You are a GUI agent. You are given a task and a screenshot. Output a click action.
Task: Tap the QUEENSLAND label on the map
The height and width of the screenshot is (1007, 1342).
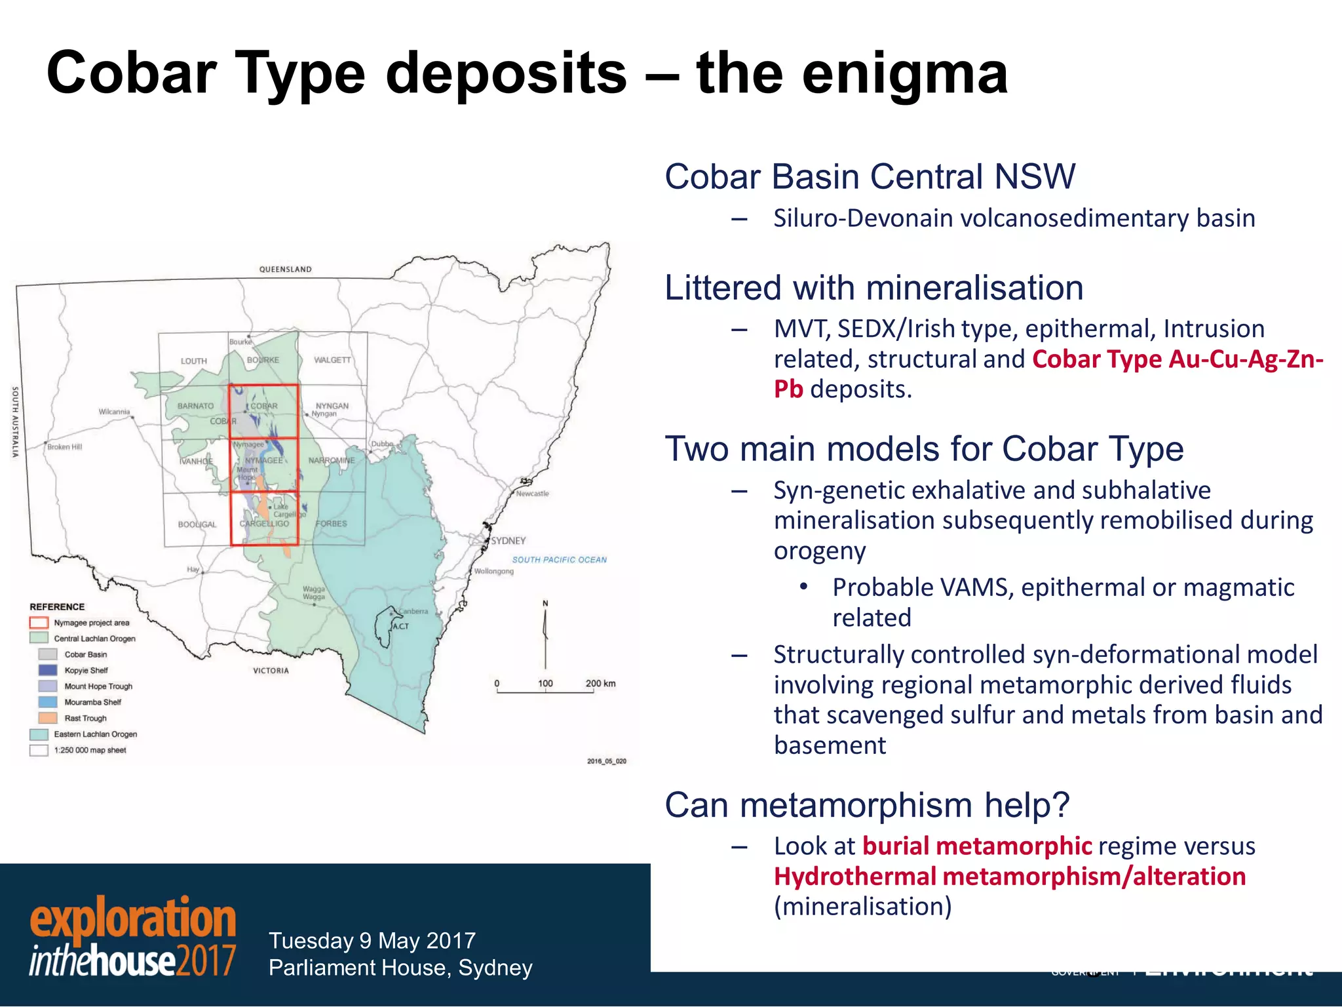point(285,269)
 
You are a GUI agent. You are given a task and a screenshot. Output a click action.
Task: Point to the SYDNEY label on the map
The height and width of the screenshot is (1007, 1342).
point(508,541)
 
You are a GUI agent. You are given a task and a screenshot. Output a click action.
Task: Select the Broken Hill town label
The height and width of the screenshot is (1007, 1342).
point(65,447)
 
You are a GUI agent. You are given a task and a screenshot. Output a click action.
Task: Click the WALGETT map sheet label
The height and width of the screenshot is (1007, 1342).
point(332,360)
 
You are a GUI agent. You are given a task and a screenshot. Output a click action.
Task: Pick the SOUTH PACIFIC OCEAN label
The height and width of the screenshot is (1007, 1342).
point(559,560)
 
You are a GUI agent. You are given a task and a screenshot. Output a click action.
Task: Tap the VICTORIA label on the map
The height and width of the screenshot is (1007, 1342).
point(271,671)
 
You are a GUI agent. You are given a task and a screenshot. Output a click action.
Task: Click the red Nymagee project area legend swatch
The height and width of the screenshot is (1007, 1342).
point(39,623)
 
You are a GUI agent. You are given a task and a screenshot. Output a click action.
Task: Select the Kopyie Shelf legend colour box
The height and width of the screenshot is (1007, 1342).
point(48,670)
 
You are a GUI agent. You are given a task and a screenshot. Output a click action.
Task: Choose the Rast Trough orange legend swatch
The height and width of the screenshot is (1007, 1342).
point(48,718)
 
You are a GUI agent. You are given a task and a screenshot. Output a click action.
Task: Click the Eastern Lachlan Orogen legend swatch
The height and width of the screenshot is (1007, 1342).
point(39,734)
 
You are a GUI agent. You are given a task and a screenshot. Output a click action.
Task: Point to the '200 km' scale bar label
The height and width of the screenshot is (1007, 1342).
point(600,683)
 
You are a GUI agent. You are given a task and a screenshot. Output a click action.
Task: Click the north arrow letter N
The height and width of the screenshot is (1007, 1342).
point(545,603)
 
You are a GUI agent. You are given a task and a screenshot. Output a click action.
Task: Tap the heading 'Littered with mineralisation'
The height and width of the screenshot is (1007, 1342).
point(873,288)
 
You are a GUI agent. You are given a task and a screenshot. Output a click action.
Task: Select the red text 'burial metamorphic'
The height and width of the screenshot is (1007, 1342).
point(977,846)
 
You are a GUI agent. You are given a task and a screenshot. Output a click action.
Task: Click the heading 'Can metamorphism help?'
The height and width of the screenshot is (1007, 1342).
point(867,805)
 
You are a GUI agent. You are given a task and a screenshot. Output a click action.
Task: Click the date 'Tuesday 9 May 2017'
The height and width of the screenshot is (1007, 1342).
point(372,941)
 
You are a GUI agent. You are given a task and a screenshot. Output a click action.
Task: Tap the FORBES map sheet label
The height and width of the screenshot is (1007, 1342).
point(331,524)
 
